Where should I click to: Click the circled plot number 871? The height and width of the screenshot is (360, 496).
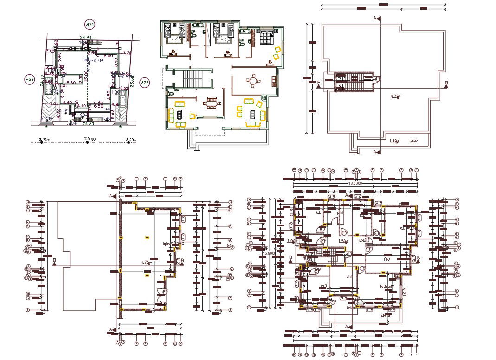click(x=90, y=24)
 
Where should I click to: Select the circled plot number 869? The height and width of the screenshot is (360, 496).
click(x=29, y=80)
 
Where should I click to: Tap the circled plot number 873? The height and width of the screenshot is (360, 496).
click(x=144, y=83)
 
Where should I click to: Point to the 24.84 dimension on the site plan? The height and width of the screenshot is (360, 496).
click(x=85, y=37)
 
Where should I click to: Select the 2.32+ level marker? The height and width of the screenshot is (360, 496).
click(x=44, y=139)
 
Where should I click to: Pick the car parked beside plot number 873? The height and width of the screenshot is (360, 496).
click(x=123, y=96)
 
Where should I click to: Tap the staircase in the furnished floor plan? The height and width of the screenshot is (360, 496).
click(x=191, y=78)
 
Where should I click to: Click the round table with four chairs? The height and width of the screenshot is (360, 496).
click(x=253, y=81)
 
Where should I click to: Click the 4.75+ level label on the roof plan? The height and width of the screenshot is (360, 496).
click(x=396, y=96)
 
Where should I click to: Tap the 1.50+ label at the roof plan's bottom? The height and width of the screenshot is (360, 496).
click(x=394, y=141)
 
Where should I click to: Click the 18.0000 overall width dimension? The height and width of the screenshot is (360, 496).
click(x=354, y=184)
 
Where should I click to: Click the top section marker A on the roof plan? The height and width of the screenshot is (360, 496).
click(x=377, y=18)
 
